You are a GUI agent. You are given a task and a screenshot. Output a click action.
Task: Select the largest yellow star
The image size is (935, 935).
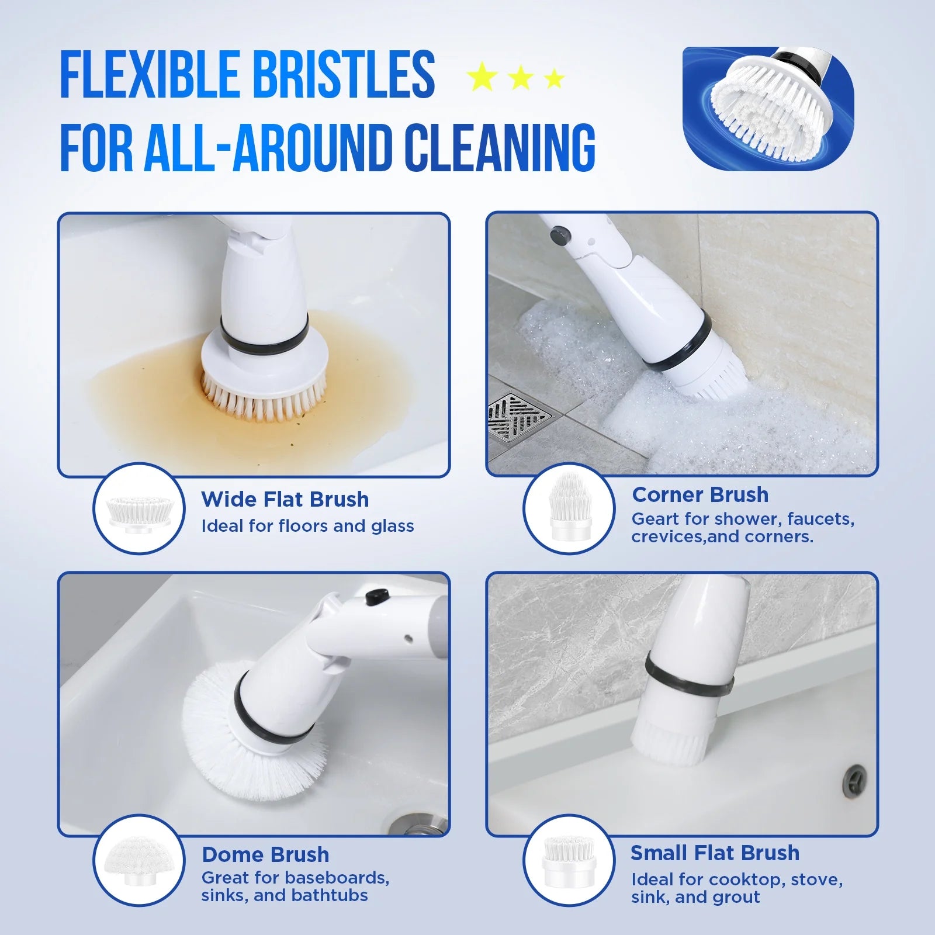pos(482,78)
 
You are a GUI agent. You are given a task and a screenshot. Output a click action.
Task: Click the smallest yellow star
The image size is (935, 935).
pos(553,78)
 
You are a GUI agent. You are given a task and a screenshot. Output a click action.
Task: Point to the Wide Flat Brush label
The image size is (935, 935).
pos(285,500)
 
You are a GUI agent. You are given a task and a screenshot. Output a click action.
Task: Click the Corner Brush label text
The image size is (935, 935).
pos(699,495)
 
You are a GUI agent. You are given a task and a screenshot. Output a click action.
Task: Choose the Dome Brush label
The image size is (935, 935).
pos(265,855)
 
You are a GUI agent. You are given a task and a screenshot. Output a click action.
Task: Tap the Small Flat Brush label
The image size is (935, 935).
pos(714,853)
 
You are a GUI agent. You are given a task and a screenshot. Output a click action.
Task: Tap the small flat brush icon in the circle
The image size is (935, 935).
pos(569,861)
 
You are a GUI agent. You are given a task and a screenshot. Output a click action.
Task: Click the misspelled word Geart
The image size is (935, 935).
pos(652,519)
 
